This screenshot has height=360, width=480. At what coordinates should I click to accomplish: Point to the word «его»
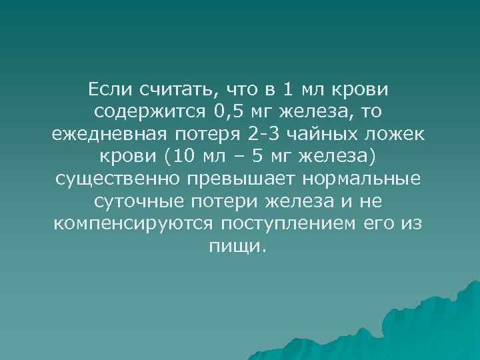click(378, 224)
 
